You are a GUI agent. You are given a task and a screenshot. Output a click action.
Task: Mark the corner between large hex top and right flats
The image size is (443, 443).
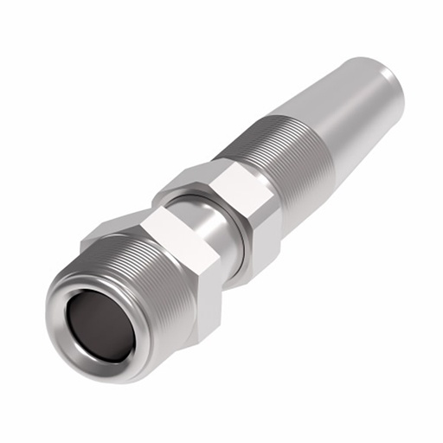[211, 242]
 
